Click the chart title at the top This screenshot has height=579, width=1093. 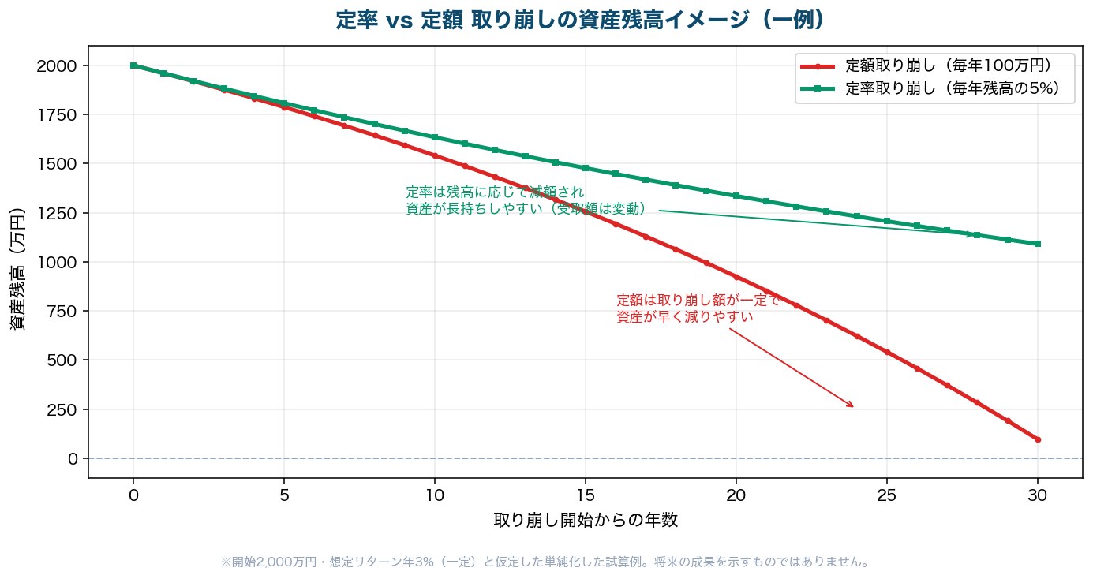(x=580, y=21)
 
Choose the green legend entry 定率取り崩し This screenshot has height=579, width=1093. (x=930, y=88)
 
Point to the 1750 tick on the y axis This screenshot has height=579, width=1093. (x=57, y=115)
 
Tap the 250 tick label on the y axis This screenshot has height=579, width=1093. (x=62, y=409)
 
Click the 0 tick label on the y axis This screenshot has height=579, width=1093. (x=73, y=458)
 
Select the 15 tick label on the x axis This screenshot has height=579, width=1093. (x=586, y=495)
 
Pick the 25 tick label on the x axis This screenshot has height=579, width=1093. (x=886, y=495)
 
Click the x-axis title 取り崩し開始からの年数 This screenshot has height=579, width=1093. (x=586, y=521)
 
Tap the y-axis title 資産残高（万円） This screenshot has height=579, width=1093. (x=17, y=269)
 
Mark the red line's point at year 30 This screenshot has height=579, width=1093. (x=1038, y=439)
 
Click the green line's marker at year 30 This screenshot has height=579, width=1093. (x=1038, y=244)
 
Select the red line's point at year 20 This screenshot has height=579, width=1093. (x=736, y=277)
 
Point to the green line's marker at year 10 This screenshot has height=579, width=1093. (x=435, y=137)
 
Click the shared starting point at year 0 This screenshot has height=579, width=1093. (x=133, y=65)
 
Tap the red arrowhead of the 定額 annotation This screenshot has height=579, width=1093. (x=851, y=405)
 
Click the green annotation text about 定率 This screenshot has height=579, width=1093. (x=526, y=200)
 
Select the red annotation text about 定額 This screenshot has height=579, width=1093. (x=698, y=308)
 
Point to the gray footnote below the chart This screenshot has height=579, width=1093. (x=545, y=562)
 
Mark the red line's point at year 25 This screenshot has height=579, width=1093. (x=887, y=352)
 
